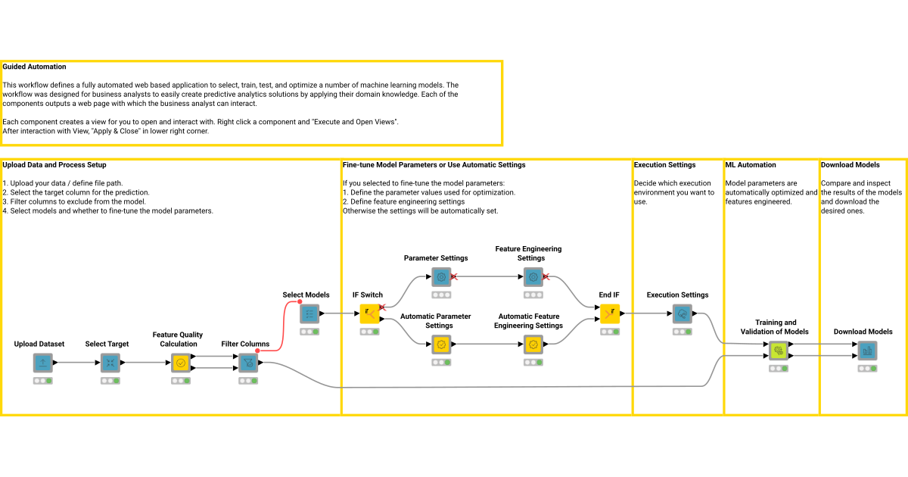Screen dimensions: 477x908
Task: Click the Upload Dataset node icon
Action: tap(43, 363)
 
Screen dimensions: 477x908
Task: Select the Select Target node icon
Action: tap(111, 363)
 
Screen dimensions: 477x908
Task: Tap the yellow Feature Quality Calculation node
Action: tap(180, 363)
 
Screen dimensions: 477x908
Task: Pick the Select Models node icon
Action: tap(309, 313)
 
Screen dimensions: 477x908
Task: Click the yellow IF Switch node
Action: tap(370, 313)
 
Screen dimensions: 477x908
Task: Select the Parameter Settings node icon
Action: tap(441, 277)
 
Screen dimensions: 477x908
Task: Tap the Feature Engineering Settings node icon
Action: tap(533, 277)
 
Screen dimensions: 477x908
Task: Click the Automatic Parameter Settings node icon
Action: tap(441, 344)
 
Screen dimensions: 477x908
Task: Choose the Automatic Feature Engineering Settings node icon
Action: tap(533, 344)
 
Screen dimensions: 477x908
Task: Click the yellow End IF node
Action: tap(610, 313)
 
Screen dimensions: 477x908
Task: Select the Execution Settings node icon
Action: tap(683, 313)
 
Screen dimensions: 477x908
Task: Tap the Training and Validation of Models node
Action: tap(778, 351)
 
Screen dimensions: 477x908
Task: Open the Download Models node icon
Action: tap(867, 351)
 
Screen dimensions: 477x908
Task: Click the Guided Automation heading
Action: tap(35, 67)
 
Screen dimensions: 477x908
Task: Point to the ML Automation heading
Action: tap(751, 164)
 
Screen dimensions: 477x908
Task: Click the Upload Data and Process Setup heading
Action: tap(54, 164)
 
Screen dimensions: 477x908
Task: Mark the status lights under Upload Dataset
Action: tap(43, 381)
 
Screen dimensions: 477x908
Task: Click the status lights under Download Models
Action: tap(867, 369)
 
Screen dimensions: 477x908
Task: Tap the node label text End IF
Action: tap(609, 295)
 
